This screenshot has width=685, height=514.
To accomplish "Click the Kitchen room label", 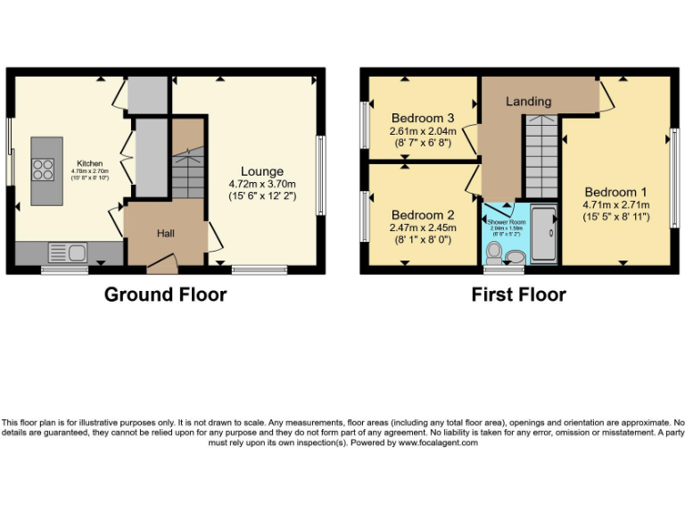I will click(x=89, y=163).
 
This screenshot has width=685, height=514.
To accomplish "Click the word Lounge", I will click(x=261, y=171).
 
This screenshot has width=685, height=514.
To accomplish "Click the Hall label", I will click(x=166, y=233).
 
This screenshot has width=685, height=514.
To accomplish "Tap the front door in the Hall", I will click(x=161, y=262).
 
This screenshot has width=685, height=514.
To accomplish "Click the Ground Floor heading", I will click(x=165, y=294).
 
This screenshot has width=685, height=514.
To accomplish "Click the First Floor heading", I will click(x=518, y=294).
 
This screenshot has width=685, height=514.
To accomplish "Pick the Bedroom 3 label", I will click(x=423, y=119).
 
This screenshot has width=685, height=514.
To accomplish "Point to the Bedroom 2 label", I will click(x=423, y=215).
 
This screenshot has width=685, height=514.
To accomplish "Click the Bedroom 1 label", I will click(x=616, y=192).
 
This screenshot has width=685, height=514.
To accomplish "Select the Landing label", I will click(x=528, y=102).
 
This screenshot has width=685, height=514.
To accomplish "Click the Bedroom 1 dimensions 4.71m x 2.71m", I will click(x=616, y=204).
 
